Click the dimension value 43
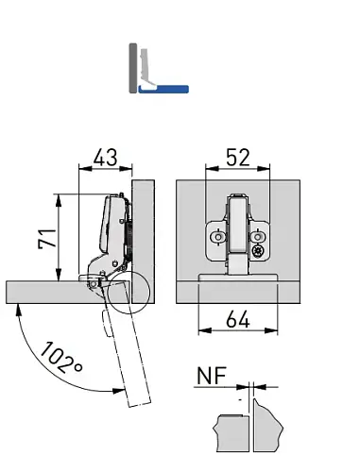105,157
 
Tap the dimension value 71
47,239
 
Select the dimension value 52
238,157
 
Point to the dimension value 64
238,319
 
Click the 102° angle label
61,358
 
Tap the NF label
212,376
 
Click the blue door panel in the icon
163,89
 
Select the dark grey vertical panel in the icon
133,68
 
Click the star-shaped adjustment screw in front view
258,251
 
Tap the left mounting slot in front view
217,237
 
